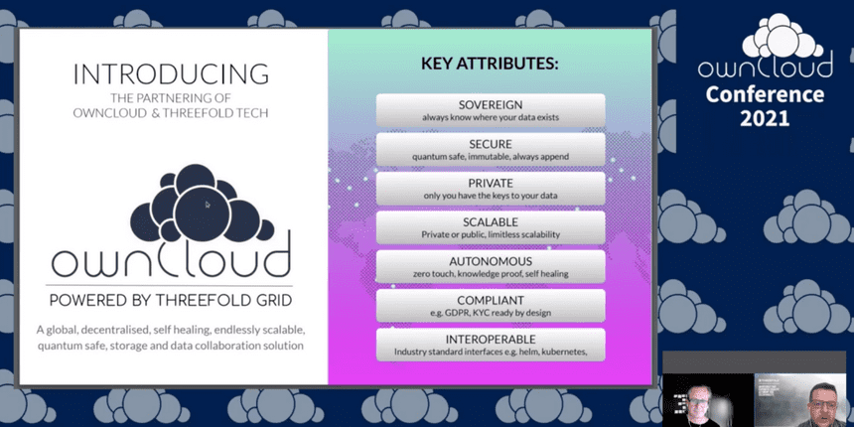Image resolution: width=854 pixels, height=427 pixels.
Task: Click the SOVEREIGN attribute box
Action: pyautogui.click(x=491, y=110)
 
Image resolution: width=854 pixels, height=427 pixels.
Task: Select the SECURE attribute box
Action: pyautogui.click(x=491, y=150)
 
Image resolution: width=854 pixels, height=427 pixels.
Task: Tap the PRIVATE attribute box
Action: pyautogui.click(x=491, y=189)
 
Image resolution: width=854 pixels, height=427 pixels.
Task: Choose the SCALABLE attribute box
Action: pyautogui.click(x=491, y=227)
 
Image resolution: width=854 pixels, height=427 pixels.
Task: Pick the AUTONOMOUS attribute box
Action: pyautogui.click(x=491, y=267)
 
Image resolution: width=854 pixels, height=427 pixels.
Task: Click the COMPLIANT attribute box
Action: pyautogui.click(x=491, y=306)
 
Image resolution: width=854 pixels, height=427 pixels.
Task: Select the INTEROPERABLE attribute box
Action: pyautogui.click(x=491, y=346)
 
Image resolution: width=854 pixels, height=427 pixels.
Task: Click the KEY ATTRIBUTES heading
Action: pyautogui.click(x=490, y=64)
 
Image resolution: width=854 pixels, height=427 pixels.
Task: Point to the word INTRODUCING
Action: pyautogui.click(x=171, y=74)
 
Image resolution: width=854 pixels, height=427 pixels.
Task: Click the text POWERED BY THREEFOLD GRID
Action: pyautogui.click(x=171, y=300)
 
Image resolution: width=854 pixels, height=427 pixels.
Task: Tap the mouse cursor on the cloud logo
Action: pyautogui.click(x=208, y=205)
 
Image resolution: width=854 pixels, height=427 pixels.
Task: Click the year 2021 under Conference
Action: pyautogui.click(x=765, y=117)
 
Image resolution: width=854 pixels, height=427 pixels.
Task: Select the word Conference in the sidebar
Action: pyautogui.click(x=765, y=94)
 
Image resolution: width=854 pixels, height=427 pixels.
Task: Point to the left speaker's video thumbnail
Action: pyautogui.click(x=707, y=400)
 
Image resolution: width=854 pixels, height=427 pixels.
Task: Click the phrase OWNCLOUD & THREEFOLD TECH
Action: pyautogui.click(x=171, y=114)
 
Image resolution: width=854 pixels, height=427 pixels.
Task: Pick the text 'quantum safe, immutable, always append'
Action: pyautogui.click(x=491, y=157)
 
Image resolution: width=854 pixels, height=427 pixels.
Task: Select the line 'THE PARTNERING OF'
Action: pyautogui.click(x=171, y=98)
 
